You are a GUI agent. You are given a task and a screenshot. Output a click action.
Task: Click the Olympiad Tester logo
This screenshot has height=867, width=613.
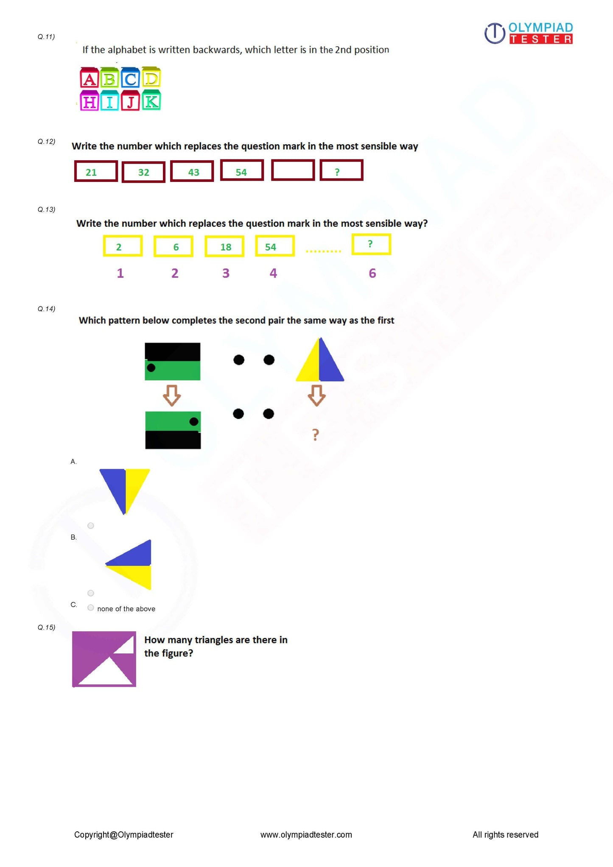click(529, 33)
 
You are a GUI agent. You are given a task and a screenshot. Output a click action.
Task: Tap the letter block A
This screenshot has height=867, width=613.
click(89, 78)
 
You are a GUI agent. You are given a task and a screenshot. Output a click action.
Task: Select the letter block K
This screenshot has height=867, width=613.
click(151, 101)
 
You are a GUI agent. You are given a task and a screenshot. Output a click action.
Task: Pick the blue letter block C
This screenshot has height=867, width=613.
click(130, 78)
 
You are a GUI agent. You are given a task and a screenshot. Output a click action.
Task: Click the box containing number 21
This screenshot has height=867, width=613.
click(96, 171)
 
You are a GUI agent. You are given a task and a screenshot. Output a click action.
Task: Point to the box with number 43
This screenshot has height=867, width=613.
click(192, 171)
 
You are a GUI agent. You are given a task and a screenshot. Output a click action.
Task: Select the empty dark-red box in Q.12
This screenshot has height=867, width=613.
click(293, 170)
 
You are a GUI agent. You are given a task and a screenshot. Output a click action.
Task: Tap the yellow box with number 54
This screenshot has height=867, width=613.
click(275, 246)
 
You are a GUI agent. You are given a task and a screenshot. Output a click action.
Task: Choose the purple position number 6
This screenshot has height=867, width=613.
click(372, 273)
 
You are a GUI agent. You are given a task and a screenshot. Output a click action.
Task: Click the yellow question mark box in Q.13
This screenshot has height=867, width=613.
click(371, 245)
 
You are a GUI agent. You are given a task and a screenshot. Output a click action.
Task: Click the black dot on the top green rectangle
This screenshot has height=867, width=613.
click(151, 368)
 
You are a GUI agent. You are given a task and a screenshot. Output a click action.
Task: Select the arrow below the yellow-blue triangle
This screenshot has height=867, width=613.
click(316, 396)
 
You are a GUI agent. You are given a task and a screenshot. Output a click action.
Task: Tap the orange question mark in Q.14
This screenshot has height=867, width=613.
click(315, 435)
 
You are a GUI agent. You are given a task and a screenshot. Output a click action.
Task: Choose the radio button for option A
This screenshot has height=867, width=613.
click(91, 526)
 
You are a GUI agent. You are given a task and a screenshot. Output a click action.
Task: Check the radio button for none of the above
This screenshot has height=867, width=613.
click(91, 608)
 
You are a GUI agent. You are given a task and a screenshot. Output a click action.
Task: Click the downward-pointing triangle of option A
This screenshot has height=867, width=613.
click(124, 488)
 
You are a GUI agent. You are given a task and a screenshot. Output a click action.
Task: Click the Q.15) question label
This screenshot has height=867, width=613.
click(46, 627)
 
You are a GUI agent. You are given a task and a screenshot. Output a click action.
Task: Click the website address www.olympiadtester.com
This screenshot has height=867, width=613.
click(306, 835)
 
